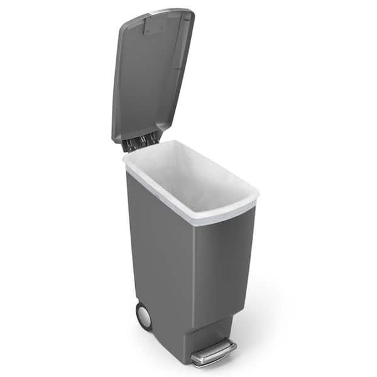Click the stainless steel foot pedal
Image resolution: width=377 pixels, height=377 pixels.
215,352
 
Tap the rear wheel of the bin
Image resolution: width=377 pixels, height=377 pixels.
143,316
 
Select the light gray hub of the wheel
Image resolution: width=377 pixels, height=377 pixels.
145,317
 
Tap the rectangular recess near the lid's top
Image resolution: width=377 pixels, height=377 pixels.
155,26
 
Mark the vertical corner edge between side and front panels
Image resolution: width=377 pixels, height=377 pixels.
194,270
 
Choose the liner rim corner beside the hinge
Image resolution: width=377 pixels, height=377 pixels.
126,157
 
